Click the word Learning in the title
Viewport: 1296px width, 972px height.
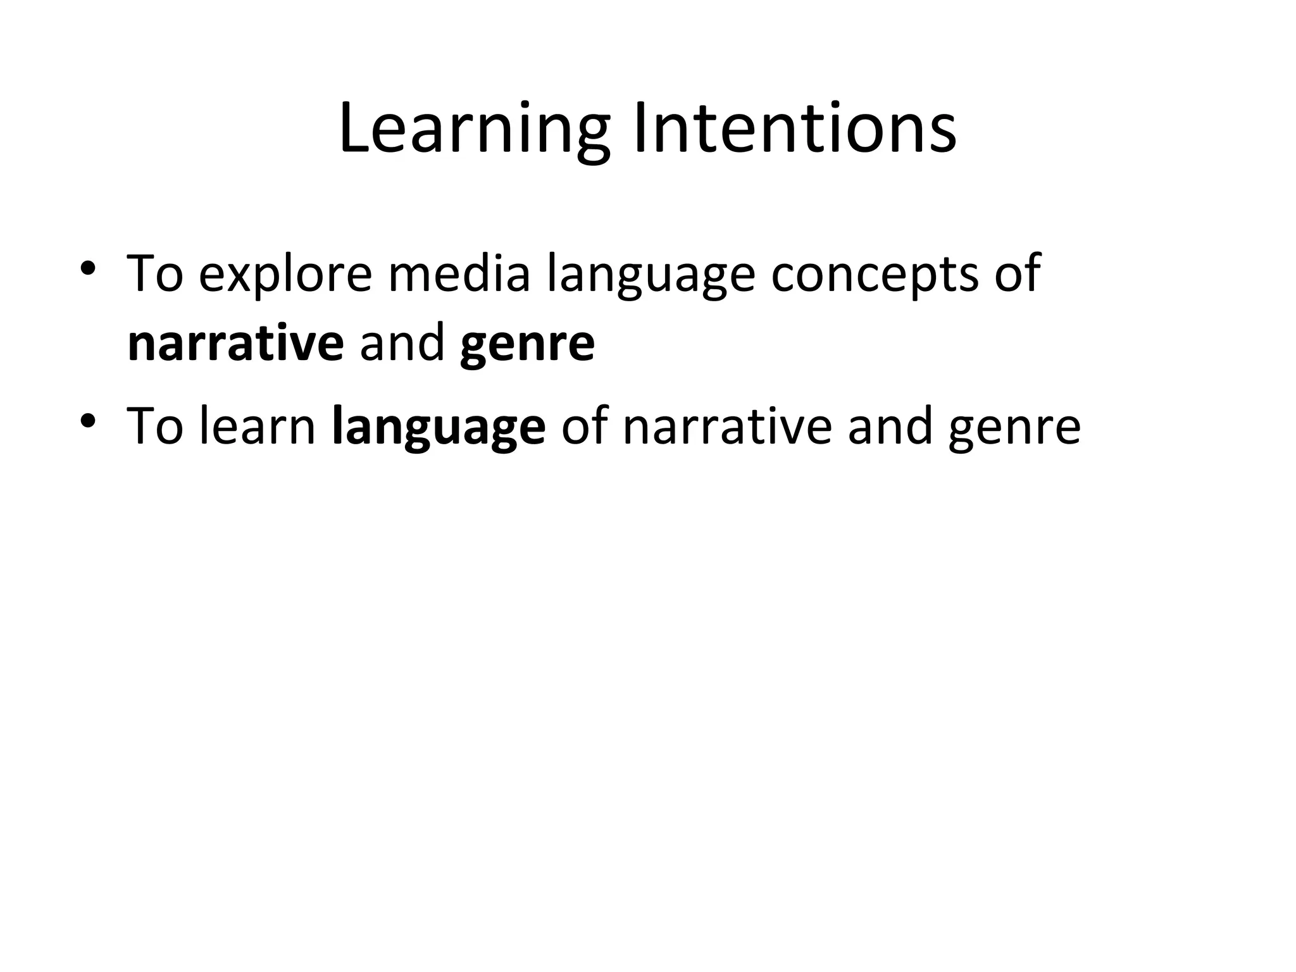pos(475,130)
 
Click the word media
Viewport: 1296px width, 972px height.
pos(459,273)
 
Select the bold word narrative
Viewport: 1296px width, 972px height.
pos(235,344)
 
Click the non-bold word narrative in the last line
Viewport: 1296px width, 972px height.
pos(727,427)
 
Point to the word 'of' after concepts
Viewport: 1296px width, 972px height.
pos(1017,273)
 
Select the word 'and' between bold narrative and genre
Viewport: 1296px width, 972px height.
pos(402,344)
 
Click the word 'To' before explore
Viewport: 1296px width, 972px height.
pos(155,273)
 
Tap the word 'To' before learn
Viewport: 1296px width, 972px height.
pos(155,427)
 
